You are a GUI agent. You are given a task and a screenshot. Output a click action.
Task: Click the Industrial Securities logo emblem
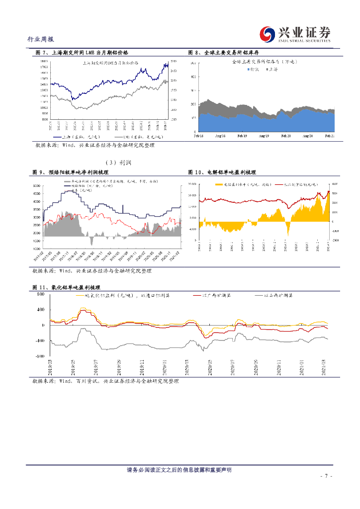pyautogui.click(x=269, y=34)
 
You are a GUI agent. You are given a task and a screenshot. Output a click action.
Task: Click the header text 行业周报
pyautogui.click(x=40, y=39)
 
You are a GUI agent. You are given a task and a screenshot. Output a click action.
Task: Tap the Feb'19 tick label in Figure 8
pyautogui.click(x=242, y=136)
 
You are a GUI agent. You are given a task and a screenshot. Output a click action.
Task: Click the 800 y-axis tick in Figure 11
pyautogui.click(x=41, y=294)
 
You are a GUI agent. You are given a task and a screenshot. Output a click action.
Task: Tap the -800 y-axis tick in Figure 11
pyautogui.click(x=40, y=356)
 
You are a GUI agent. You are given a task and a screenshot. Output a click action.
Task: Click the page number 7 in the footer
pyautogui.click(x=325, y=476)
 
